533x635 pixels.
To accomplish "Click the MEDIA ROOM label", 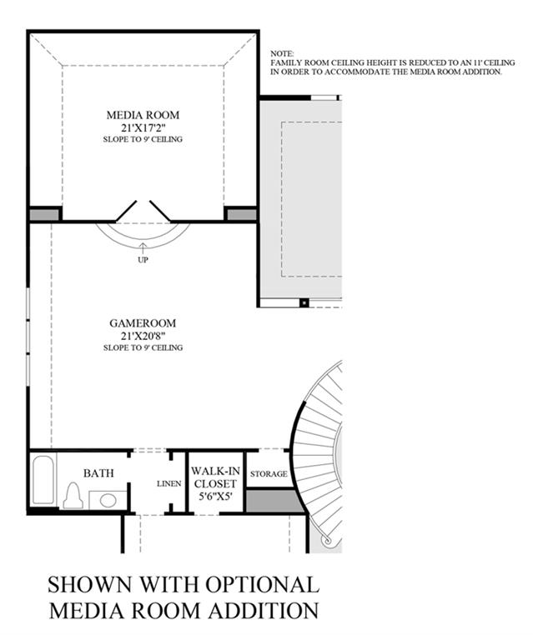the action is click(143, 115).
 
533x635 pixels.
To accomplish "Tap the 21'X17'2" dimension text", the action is click(143, 127).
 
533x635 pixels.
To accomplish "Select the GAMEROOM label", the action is click(143, 323).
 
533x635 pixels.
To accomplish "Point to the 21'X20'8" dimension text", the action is click(143, 336).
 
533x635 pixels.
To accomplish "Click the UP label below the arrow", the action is click(143, 260).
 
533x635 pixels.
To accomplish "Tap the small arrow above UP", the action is click(143, 247).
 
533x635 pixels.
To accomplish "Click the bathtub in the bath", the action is click(43, 480).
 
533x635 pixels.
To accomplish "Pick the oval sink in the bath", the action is click(108, 500).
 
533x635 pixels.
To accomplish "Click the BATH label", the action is click(98, 473).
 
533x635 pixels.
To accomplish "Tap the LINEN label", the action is click(169, 483).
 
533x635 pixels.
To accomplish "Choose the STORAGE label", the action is click(269, 473).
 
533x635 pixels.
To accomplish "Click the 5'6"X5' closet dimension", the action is click(215, 496).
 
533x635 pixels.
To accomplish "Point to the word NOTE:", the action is click(282, 53).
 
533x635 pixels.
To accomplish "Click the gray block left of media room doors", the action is click(44, 215).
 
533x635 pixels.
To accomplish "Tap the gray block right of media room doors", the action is click(242, 215).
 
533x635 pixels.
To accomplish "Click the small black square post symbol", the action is click(304, 302).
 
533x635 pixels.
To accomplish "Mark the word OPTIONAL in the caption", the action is click(262, 585).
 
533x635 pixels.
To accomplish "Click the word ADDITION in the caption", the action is click(264, 610).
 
